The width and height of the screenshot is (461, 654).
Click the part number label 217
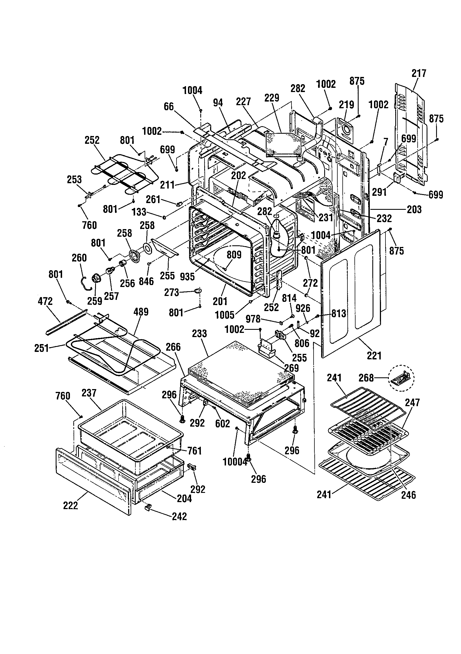coord(418,73)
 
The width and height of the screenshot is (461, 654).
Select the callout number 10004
coord(235,462)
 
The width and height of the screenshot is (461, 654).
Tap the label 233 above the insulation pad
coord(199,333)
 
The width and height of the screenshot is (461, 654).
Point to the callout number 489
coord(141,312)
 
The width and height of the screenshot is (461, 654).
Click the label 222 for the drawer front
coord(70,505)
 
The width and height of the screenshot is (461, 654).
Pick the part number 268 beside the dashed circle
coord(366,378)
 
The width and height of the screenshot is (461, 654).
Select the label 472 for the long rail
coord(45,301)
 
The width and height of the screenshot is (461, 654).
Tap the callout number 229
coord(272,98)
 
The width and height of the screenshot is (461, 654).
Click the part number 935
coord(187,276)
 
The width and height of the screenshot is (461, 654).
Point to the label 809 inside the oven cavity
coord(234,255)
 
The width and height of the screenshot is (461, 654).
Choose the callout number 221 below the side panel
coord(374,356)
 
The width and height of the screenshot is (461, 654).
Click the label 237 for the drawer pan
coord(89,393)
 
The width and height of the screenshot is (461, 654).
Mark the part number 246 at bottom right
coord(408,495)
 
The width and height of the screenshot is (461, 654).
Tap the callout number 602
coord(222,424)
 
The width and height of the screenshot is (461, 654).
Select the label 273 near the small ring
coord(171,293)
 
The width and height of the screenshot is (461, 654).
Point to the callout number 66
coord(169,107)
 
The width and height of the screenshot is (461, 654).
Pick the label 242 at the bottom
coord(180,516)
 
